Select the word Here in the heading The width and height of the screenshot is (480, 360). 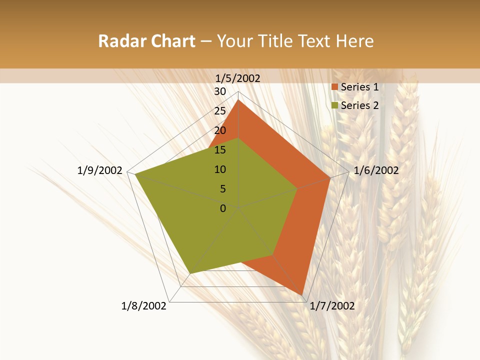click(354, 41)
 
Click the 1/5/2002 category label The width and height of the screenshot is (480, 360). click(238, 78)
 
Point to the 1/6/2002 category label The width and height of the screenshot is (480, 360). click(376, 170)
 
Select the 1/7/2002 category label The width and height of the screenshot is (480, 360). click(332, 306)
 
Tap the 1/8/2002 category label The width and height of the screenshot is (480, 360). click(144, 306)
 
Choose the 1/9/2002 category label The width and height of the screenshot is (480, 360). click(100, 170)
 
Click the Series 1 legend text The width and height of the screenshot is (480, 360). click(359, 87)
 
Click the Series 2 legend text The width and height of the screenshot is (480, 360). click(359, 105)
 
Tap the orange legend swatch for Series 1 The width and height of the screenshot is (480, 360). click(335, 87)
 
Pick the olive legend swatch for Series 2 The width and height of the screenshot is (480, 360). click(335, 105)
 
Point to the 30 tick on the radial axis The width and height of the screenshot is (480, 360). click(220, 91)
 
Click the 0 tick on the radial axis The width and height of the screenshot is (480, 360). click(223, 208)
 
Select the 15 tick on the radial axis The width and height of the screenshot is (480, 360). click(220, 150)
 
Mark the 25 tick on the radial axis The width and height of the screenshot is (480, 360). click(220, 111)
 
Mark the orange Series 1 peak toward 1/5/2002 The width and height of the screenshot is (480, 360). click(238, 100)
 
